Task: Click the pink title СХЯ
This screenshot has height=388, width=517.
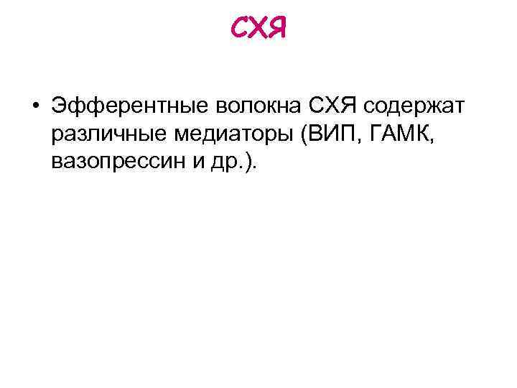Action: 258,29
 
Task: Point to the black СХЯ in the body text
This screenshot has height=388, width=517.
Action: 335,108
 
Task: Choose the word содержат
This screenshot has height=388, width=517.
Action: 415,108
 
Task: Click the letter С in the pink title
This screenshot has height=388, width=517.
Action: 239,29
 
